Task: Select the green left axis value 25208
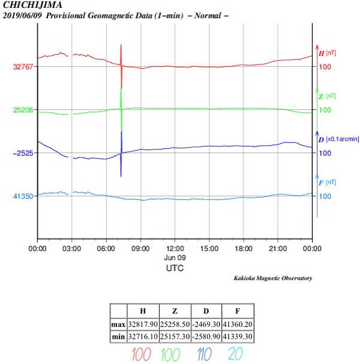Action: coord(23,110)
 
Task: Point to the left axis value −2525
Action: coord(22,153)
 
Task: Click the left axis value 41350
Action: coord(23,196)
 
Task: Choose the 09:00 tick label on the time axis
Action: coord(140,247)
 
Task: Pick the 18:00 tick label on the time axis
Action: coord(244,247)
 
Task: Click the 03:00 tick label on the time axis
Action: coord(72,247)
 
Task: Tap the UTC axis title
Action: coord(175,268)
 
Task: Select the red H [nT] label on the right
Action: coord(327,53)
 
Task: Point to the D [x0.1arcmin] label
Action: coord(338,139)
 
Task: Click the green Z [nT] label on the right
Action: coord(327,96)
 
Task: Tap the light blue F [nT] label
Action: coord(327,182)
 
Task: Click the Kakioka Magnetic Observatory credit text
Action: coord(273,278)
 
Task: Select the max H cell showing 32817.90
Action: coord(142,324)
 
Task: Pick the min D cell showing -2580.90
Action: coord(206,337)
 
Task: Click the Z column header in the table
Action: coord(174,312)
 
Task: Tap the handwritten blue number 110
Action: coord(204,354)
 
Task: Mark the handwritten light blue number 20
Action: coord(236,354)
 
